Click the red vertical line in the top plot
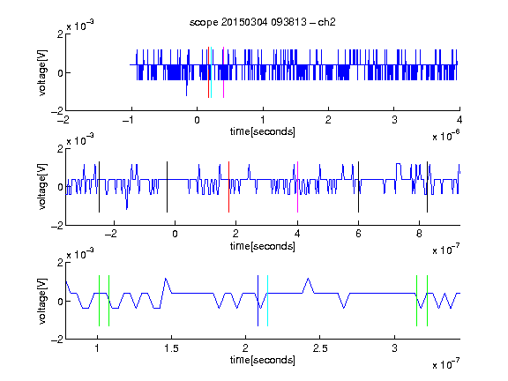click(x=208, y=72)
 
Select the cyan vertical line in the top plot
click(x=211, y=72)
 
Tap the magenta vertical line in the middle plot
click(x=297, y=187)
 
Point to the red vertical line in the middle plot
click(x=228, y=187)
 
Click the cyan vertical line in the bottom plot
click(x=267, y=301)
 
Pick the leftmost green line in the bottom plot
click(x=99, y=301)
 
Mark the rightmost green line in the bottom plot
click(x=428, y=301)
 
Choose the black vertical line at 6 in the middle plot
click(x=358, y=187)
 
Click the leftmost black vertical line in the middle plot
click(x=99, y=187)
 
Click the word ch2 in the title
click(x=326, y=22)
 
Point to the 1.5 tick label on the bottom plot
click(x=171, y=348)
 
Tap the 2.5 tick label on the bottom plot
click(x=320, y=348)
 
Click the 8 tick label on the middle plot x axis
click(x=419, y=234)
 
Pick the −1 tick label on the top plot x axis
click(x=129, y=120)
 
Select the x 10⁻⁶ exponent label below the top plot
click(x=446, y=136)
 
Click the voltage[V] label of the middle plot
click(x=42, y=187)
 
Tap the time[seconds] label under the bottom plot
click(x=263, y=360)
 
